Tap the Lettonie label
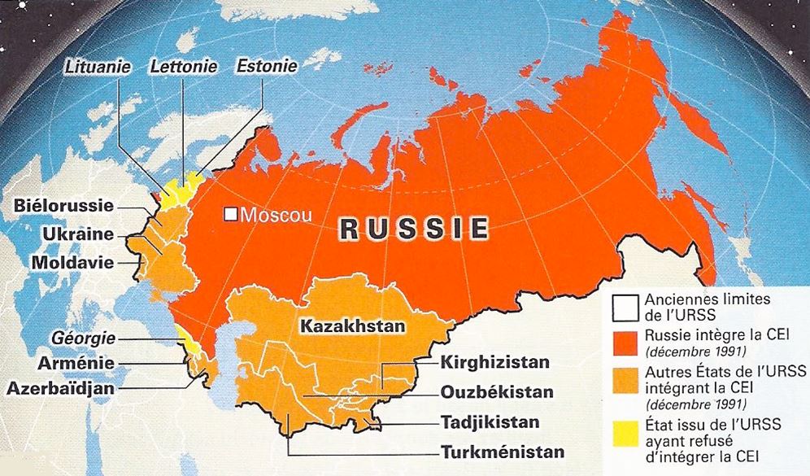pos(183,66)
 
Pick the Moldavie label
pos(72,262)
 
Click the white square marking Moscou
pos(232,216)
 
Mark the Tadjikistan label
pos(491,423)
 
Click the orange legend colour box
pos(625,379)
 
